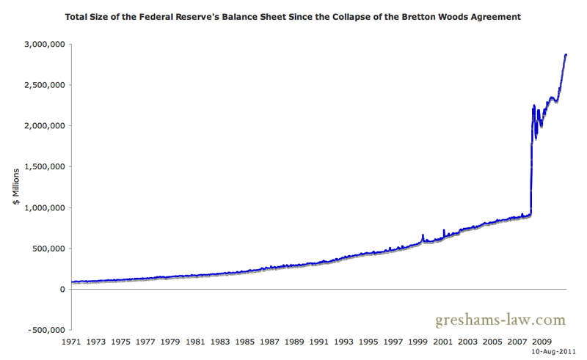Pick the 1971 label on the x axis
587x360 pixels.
(71, 342)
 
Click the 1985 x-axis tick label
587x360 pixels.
(245, 342)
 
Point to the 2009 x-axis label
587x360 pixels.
(542, 342)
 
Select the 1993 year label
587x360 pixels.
(344, 342)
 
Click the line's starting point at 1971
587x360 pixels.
(72, 282)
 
